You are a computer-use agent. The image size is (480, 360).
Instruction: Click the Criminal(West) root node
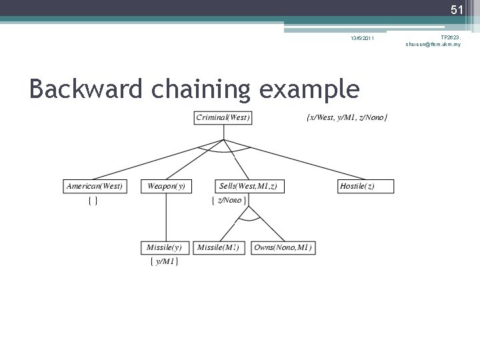pyautogui.click(x=223, y=118)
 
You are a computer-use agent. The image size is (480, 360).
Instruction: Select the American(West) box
pyautogui.click(x=94, y=186)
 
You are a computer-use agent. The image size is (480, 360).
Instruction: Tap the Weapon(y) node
pyautogui.click(x=166, y=186)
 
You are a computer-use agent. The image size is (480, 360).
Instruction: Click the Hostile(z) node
pyautogui.click(x=366, y=186)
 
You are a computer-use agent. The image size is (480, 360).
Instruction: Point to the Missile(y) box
pyautogui.click(x=165, y=247)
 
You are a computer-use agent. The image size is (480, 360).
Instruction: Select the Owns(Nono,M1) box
pyautogui.click(x=283, y=247)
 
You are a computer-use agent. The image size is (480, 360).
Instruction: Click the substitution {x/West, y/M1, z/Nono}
pyautogui.click(x=347, y=118)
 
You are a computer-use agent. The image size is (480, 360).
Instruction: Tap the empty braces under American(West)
pyautogui.click(x=94, y=200)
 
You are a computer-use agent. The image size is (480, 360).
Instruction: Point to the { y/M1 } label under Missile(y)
pyautogui.click(x=163, y=262)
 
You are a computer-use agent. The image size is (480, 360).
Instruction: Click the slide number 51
pyautogui.click(x=456, y=9)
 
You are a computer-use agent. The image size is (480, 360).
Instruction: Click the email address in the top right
pyautogui.click(x=433, y=44)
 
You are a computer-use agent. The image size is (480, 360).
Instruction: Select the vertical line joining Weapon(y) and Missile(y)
pyautogui.click(x=166, y=217)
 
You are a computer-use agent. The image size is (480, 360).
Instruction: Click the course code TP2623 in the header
pyautogui.click(x=450, y=37)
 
